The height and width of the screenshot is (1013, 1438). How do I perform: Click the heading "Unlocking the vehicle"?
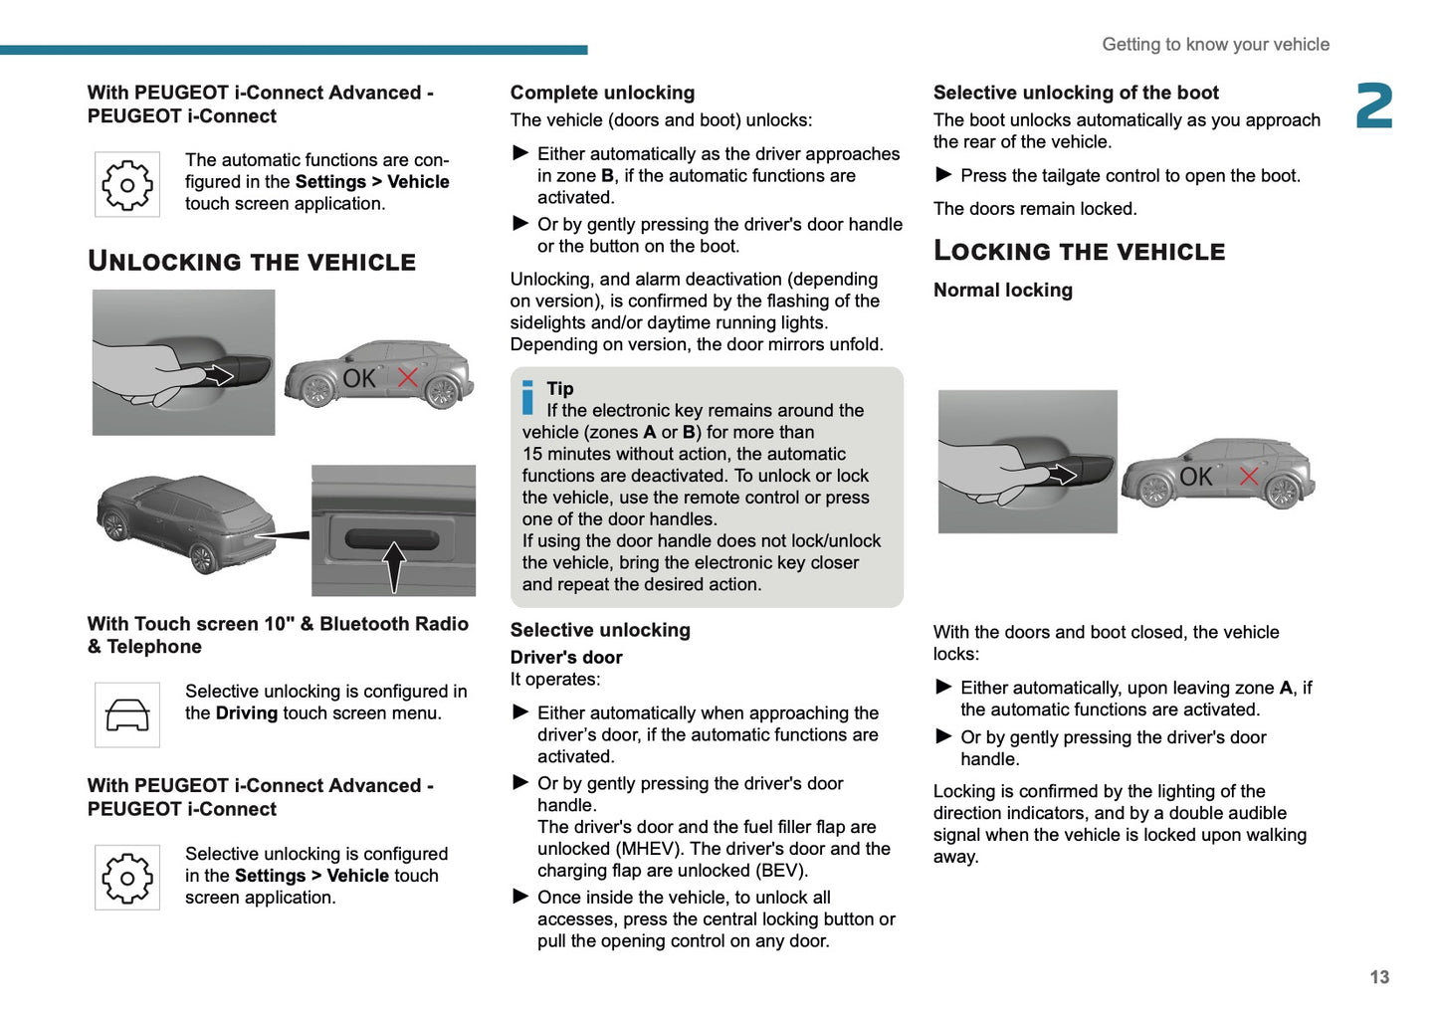coord(252,262)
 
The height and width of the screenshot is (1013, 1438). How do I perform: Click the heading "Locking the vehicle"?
coord(1079,252)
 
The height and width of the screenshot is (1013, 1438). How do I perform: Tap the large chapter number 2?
coord(1374,106)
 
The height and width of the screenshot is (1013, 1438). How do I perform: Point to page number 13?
coord(1378,977)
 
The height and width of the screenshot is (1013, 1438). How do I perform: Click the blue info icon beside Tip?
coord(527,397)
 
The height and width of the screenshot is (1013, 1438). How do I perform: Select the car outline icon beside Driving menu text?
coord(127,714)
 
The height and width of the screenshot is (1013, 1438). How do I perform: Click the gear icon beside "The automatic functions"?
coord(127,184)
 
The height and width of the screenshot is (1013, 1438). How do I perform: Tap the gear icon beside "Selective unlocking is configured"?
coord(127,878)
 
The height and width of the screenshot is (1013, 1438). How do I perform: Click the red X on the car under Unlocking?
coord(408,377)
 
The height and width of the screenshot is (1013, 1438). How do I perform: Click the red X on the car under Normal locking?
coord(1249,476)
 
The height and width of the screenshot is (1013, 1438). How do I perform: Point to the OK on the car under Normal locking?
coord(1195,478)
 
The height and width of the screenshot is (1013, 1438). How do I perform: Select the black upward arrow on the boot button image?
coord(394,566)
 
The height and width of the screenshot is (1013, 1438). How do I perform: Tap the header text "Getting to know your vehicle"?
coord(1215,45)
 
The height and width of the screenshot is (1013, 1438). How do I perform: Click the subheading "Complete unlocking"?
coord(602,93)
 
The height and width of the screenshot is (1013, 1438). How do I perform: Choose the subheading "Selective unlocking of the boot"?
coord(1076,93)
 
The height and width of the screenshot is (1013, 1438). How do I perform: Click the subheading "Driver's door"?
coord(566,657)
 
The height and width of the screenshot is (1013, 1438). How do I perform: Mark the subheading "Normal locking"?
coord(1002,290)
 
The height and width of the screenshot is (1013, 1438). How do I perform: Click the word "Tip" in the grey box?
coord(560,388)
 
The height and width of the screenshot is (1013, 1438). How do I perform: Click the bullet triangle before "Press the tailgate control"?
coord(943,175)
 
